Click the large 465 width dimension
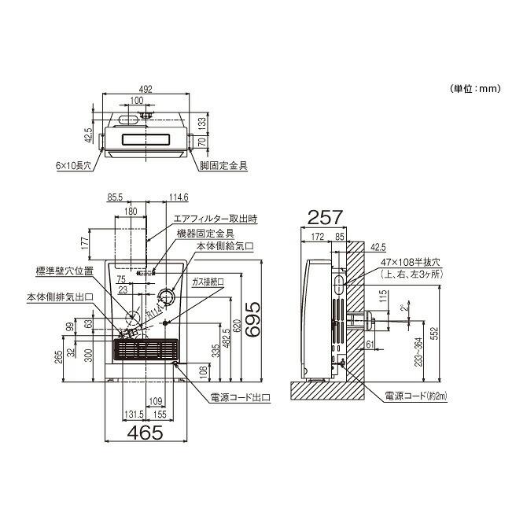pos(146,431)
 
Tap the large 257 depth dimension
pos(322,215)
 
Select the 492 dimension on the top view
pos(146,89)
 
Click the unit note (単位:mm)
pos(474,89)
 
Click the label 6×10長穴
pos(75,166)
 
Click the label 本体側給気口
pos(225,246)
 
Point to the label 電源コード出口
pos(240,399)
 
